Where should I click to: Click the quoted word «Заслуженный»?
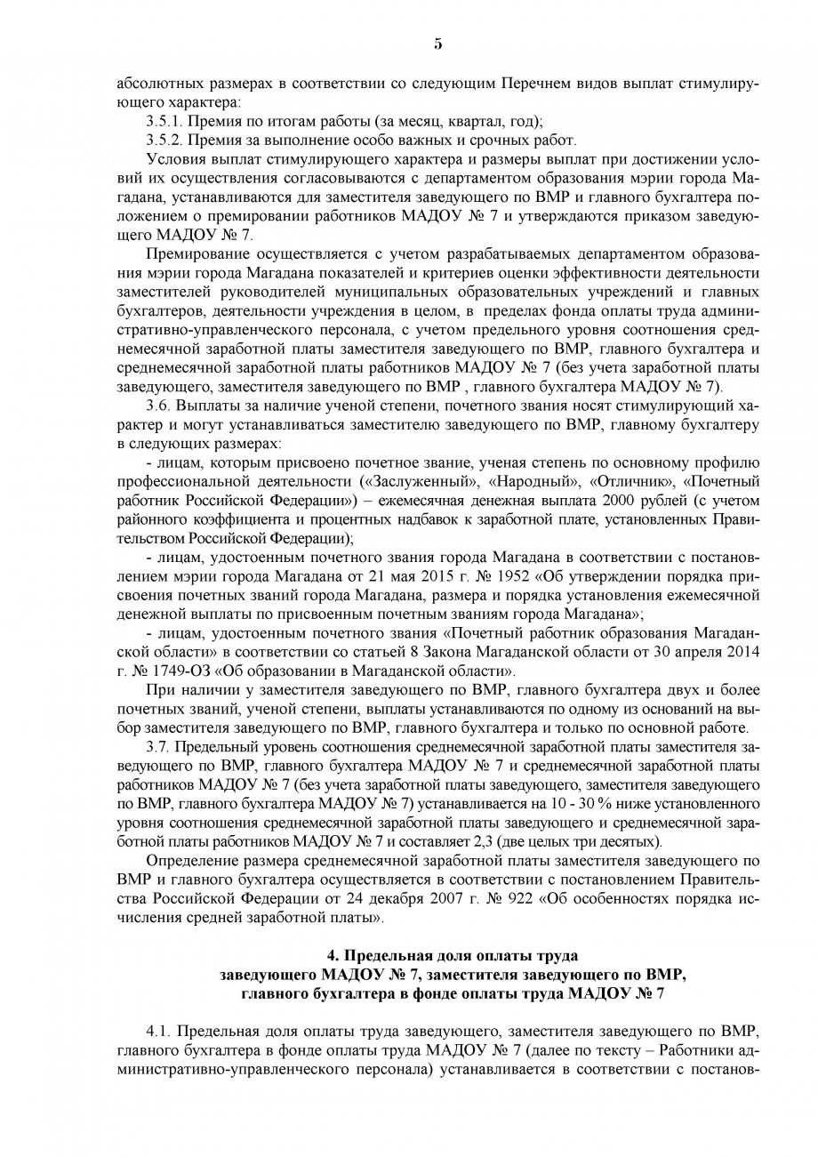click(x=414, y=480)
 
